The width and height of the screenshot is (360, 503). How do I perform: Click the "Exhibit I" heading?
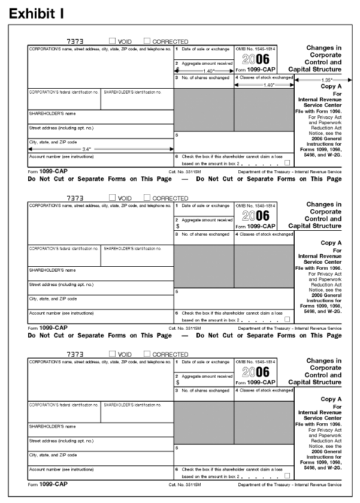point(37,13)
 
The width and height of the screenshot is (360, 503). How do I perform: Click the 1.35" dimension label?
point(318,79)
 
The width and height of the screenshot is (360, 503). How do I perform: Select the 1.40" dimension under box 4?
point(264,85)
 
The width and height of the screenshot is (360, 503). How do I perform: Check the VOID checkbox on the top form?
point(113,41)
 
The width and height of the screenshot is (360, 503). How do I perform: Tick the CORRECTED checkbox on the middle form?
point(147,197)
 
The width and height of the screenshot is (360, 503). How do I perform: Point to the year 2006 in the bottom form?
point(255,371)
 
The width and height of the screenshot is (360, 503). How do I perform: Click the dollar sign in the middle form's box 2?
point(177,227)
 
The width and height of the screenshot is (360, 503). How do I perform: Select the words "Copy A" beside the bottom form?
point(331,399)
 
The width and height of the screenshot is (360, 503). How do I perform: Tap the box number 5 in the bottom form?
point(177,448)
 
